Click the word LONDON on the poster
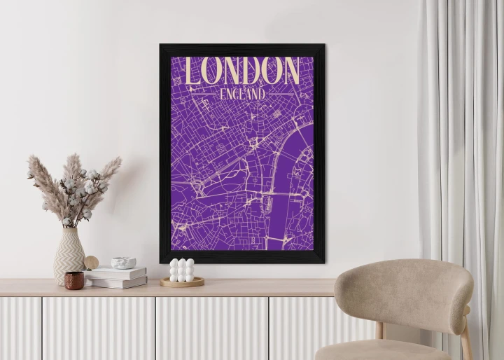pos(242,71)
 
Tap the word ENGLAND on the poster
pos(242,93)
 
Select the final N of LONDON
pos(290,71)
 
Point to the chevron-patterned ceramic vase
pos(69,254)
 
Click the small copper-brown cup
pos(74,280)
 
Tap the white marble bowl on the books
pos(123,263)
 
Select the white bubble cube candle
pos(182,270)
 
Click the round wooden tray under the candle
pos(182,282)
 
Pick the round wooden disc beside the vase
pos(92,263)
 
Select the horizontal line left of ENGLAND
pos(203,93)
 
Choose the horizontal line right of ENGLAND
pos(281,93)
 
